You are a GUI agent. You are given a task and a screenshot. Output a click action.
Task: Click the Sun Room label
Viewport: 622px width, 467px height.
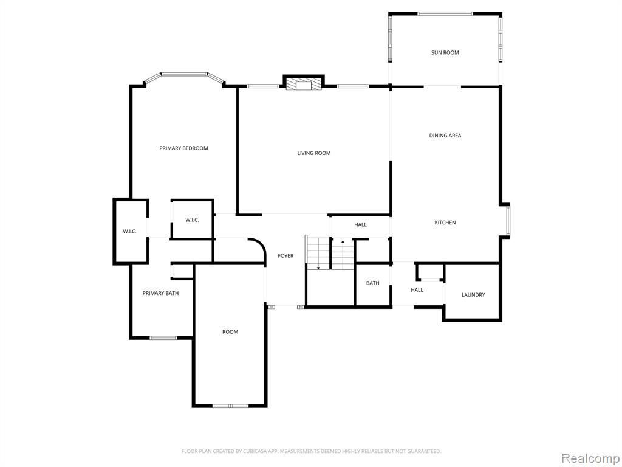point(445,52)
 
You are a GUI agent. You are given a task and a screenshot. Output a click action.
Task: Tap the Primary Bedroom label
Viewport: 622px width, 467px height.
point(183,148)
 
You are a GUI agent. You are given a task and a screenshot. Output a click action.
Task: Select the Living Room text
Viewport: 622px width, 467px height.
point(314,153)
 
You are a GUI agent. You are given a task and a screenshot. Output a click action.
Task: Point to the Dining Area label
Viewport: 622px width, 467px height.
point(445,136)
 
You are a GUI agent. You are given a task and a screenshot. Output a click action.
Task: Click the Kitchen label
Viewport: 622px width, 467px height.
point(445,223)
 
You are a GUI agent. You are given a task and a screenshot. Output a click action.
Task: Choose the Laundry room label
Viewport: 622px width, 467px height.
point(473,295)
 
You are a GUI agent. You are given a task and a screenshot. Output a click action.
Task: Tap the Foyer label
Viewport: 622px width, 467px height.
point(285,256)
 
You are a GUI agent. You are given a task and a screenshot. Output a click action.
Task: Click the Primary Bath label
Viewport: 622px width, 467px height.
point(160,293)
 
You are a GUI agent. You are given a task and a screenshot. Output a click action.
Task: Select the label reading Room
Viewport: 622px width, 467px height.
point(230,331)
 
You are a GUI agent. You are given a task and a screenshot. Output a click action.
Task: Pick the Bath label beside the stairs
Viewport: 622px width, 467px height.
point(372,283)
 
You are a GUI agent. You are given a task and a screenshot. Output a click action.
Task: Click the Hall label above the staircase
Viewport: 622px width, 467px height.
point(360,224)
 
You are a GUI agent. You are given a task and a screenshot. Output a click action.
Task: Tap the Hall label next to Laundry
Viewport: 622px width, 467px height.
point(417,290)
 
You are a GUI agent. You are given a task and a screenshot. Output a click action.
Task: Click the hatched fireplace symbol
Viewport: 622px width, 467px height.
point(304,84)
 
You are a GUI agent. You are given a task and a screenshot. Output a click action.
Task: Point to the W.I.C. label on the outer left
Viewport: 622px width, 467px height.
point(130,231)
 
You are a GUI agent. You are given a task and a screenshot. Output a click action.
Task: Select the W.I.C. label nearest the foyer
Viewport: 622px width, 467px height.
point(192,220)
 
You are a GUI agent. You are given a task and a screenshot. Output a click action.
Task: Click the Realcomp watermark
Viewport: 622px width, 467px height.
point(590,458)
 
